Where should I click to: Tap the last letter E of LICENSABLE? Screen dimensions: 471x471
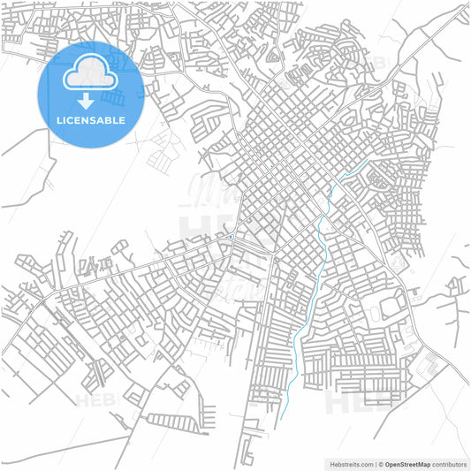[122, 120]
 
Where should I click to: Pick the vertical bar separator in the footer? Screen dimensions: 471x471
[375, 463]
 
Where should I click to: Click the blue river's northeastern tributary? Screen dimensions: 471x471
[353, 170]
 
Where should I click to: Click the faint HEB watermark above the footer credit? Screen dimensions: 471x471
[349, 402]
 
